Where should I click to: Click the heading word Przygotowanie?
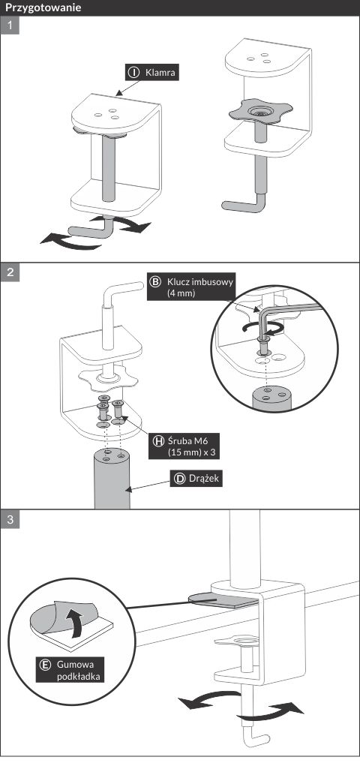point(43,8)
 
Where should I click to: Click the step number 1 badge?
point(10,26)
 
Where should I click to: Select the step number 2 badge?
point(10,272)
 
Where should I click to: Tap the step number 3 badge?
point(10,520)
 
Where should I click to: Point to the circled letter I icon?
point(133,73)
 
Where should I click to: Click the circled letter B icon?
point(155,282)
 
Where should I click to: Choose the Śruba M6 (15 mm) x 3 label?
point(184,446)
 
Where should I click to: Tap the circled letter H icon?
point(158,440)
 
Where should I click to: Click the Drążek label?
point(196,479)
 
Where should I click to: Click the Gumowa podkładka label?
point(72,670)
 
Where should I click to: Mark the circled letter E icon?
point(45,665)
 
